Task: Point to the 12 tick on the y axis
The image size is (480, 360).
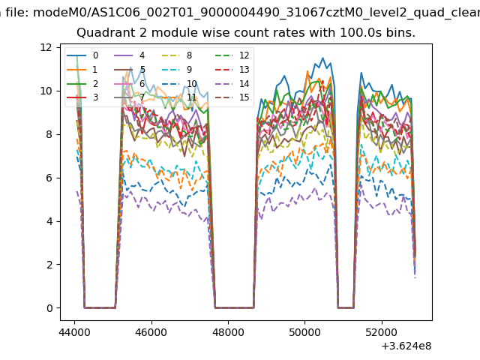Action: (x=46, y=47)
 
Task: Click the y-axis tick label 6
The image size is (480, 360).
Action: (x=49, y=178)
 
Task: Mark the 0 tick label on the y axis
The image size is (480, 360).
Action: (x=49, y=308)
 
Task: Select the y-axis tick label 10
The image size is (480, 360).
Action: (x=46, y=91)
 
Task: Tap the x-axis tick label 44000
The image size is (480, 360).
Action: (x=73, y=331)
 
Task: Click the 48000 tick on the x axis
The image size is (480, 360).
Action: (x=227, y=331)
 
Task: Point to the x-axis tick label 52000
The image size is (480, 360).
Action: (x=381, y=331)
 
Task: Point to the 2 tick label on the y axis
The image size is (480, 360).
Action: (x=49, y=265)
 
